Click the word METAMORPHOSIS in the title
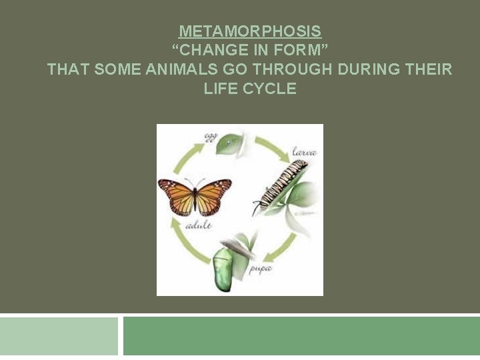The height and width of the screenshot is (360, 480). pos(250,31)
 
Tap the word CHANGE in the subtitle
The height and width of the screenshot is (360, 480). pos(209,50)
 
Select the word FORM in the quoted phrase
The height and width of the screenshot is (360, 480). pos(300,50)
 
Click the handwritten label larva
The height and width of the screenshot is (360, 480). pos(303,153)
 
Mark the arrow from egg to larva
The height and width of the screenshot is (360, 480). pos(270,145)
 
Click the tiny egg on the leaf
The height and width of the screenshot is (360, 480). pos(229,141)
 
